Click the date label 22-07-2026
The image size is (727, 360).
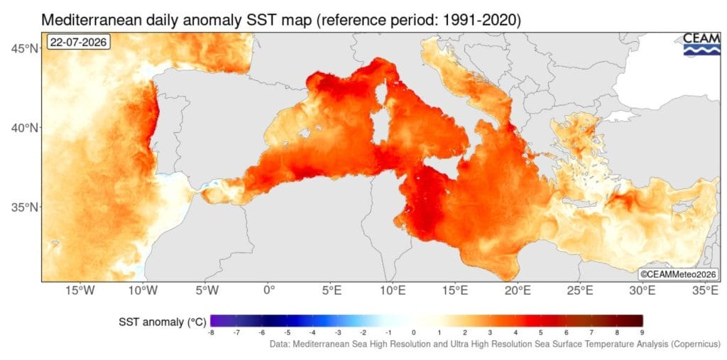coord(78,42)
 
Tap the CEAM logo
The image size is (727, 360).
coord(702,45)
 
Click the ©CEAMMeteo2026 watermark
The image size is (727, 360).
coord(679,274)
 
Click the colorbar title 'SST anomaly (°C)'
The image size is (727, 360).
coord(163,322)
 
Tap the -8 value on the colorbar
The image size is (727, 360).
coord(211,332)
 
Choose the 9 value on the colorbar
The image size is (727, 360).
coord(643,332)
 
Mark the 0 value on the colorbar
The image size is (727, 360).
coord(414,332)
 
